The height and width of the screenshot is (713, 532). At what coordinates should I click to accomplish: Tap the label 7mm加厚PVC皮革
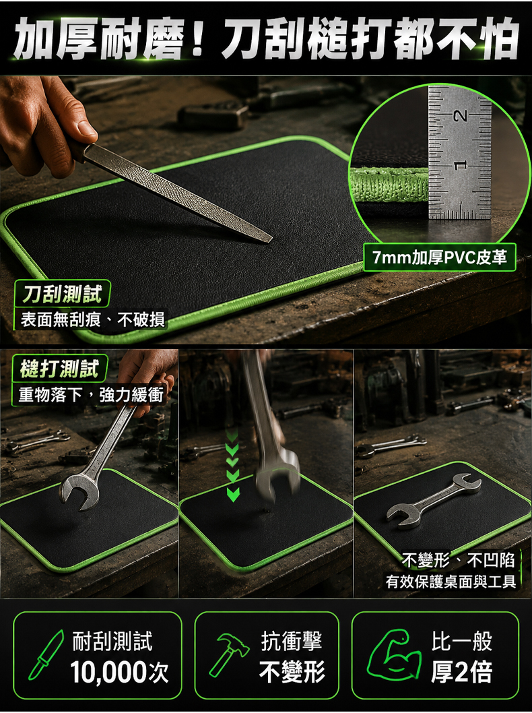[439, 258]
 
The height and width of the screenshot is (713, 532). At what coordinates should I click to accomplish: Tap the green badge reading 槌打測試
[59, 369]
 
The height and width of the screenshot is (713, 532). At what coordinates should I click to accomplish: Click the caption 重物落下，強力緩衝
[91, 394]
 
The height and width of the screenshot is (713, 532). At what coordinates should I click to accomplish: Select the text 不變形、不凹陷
[458, 560]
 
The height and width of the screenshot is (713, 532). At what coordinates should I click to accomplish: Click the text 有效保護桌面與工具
[451, 581]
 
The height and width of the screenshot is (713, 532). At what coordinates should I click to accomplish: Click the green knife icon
[45, 655]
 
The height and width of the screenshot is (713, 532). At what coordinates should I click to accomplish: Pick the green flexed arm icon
[394, 656]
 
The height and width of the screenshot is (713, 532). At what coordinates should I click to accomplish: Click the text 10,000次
[119, 672]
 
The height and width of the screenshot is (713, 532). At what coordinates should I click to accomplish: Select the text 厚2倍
[461, 672]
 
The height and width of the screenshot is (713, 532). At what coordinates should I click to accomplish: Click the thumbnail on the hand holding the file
[86, 128]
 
